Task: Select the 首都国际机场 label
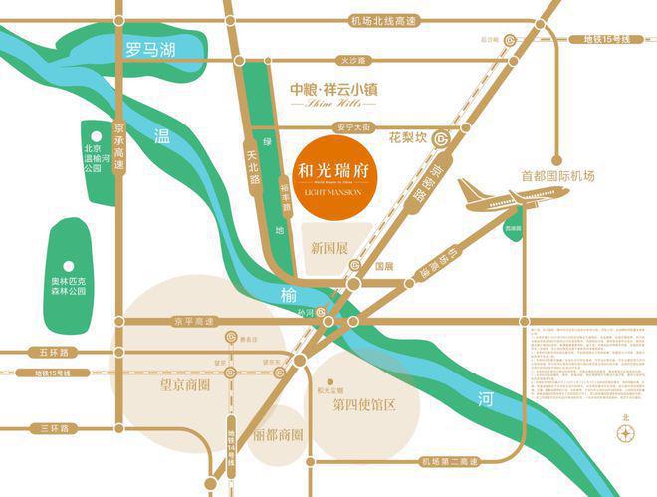coord(557,176)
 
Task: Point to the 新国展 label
coord(328,247)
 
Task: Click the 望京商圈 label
coord(179,381)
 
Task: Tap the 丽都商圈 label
coord(278,435)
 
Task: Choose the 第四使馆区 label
coord(364,404)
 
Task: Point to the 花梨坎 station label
coord(407,135)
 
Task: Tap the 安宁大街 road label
coord(353,126)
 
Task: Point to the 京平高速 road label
coord(193,321)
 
